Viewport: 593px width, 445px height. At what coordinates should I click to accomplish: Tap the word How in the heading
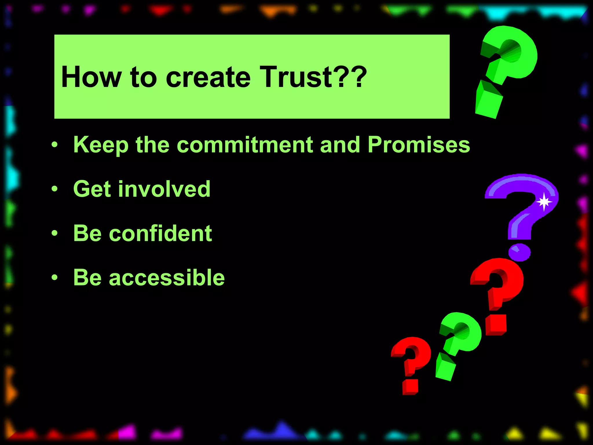91,77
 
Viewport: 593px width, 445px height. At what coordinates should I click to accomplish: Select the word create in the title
208,77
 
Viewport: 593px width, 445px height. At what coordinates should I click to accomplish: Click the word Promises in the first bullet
419,145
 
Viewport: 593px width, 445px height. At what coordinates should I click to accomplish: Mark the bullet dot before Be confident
54,233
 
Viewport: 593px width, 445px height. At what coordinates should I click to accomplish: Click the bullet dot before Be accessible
54,278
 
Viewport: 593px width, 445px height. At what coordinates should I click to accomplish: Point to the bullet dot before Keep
54,145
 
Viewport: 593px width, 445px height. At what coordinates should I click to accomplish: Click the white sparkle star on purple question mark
544,201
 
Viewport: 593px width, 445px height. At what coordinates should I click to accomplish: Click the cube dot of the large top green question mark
489,101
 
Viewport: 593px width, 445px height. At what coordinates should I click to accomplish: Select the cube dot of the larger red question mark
496,325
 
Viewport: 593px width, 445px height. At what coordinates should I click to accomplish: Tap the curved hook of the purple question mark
521,185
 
